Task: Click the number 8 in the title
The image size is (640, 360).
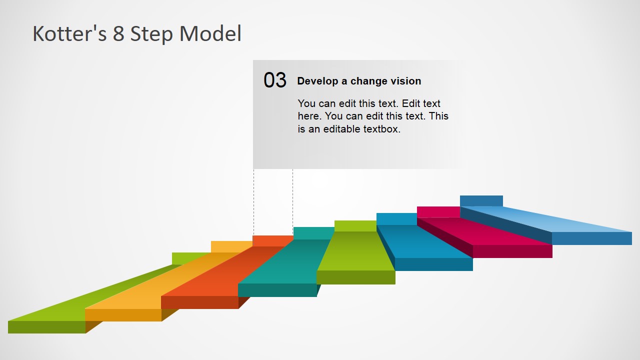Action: pyautogui.click(x=118, y=34)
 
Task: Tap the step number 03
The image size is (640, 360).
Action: pyautogui.click(x=275, y=80)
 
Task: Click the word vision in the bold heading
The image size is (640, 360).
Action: pyautogui.click(x=405, y=81)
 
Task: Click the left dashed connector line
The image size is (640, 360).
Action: pyautogui.click(x=254, y=200)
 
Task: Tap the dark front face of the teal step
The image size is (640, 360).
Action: pyautogui.click(x=277, y=290)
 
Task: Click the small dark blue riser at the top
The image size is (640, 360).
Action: pyautogui.click(x=481, y=200)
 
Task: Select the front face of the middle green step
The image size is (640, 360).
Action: pyautogui.click(x=356, y=277)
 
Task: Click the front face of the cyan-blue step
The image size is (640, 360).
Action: pyautogui.click(x=433, y=264)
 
